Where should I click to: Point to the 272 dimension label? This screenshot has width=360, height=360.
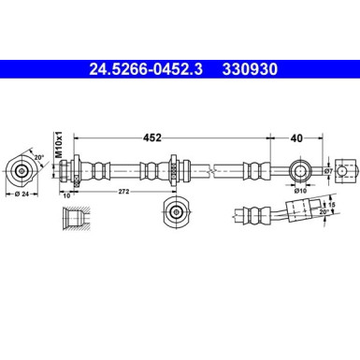(x=122, y=193)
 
